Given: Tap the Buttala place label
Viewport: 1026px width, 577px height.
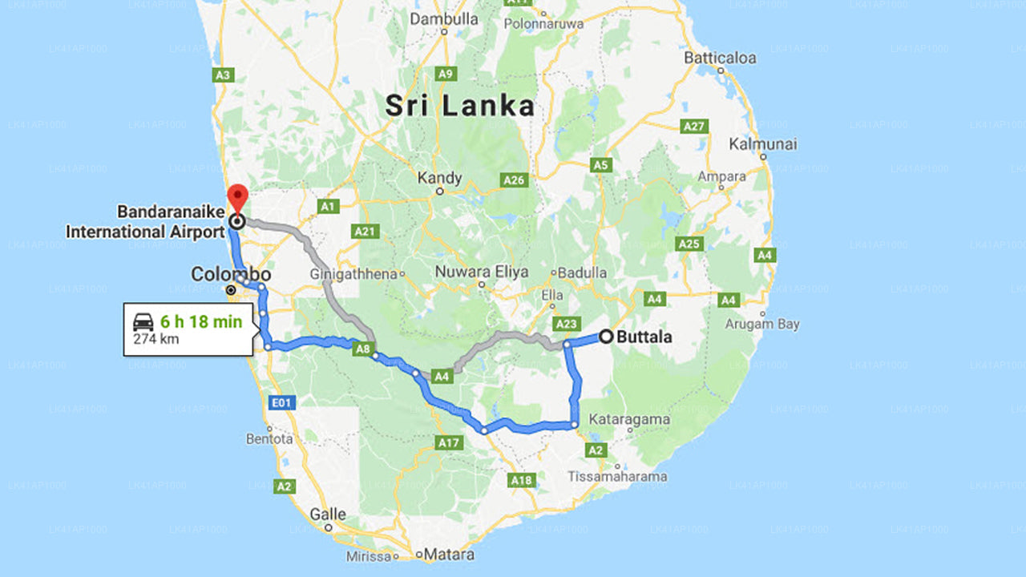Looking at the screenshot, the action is tap(644, 337).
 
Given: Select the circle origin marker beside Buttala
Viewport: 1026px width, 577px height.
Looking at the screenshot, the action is tap(606, 337).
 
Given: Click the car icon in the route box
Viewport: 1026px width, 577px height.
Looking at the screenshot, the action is tap(143, 322).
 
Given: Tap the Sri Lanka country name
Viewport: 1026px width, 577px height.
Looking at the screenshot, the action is tap(459, 106).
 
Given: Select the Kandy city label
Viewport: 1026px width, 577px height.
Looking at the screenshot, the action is tap(440, 177).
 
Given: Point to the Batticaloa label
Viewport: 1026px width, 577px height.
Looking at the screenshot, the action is tap(720, 58).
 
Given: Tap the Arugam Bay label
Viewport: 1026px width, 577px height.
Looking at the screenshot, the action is tap(762, 324).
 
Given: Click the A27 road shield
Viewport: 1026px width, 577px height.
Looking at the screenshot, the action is tap(693, 127).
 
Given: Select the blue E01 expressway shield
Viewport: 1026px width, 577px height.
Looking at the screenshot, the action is tap(280, 403).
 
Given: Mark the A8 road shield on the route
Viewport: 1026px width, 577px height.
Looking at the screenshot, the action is tap(363, 349).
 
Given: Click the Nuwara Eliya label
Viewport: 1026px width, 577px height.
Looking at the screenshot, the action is tap(482, 272).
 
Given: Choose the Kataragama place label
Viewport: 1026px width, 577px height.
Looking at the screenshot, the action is tap(629, 419).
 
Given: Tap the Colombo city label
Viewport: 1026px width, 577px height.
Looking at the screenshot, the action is tap(230, 275).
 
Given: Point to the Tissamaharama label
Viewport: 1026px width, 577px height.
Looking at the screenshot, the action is tap(617, 476).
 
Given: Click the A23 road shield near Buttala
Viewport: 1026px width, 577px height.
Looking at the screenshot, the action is tap(566, 324).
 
